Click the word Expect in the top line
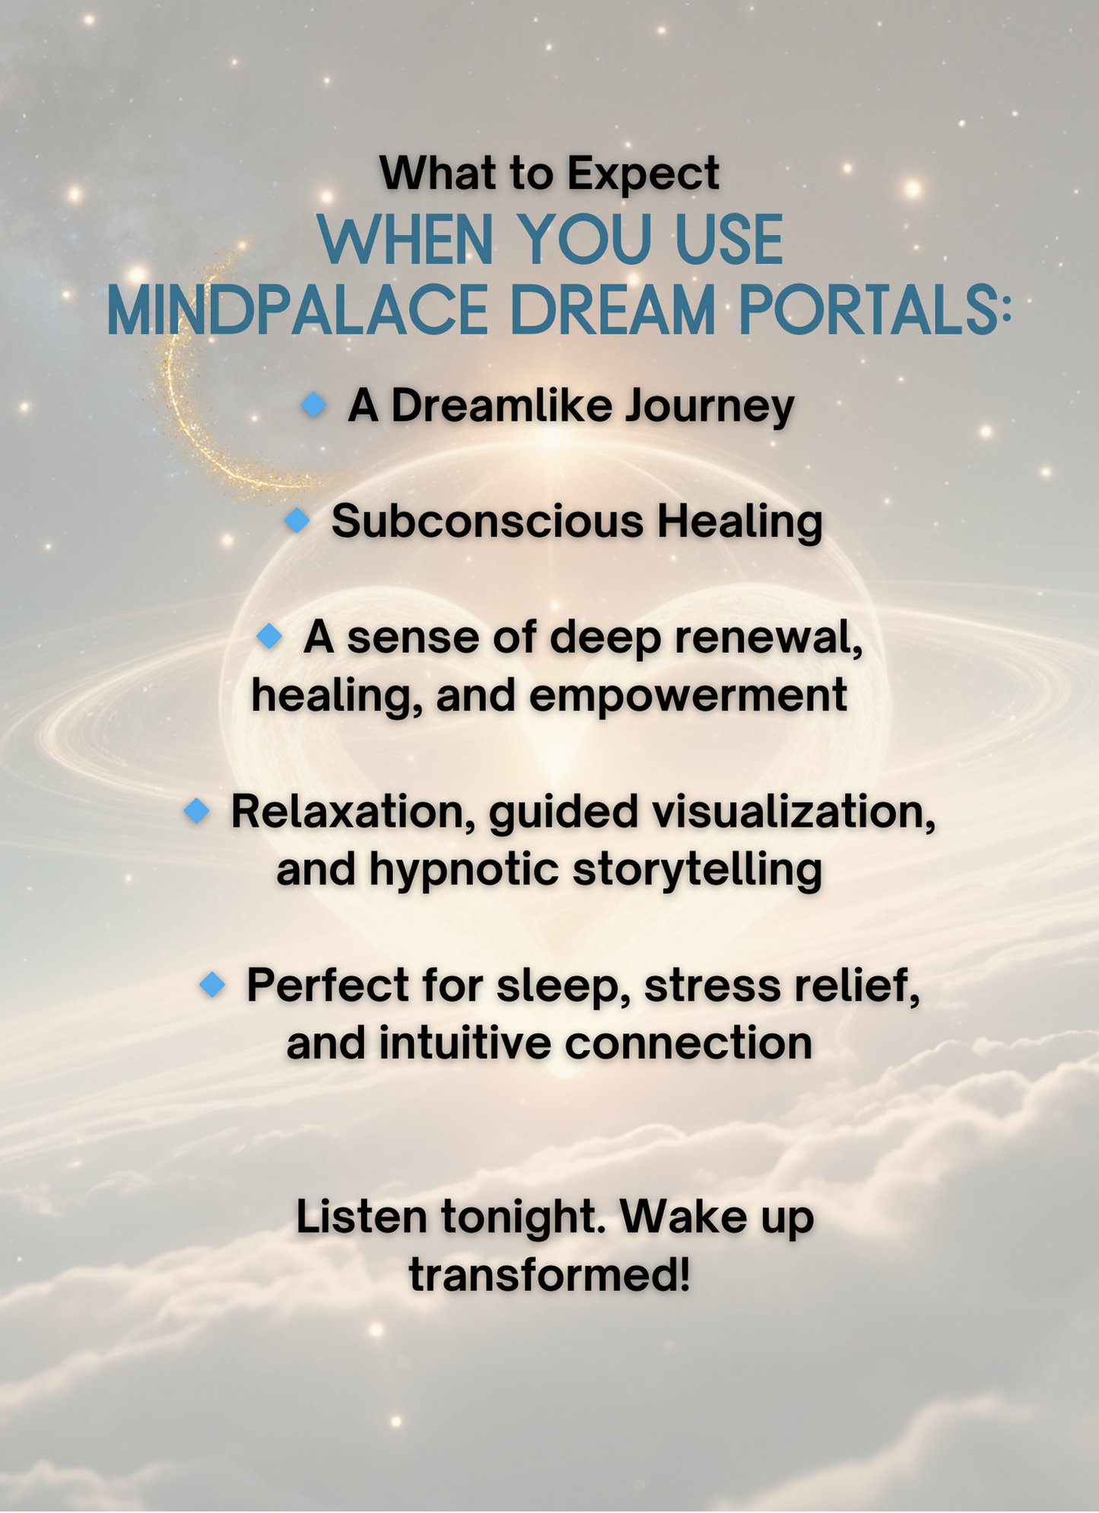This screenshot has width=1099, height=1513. (x=643, y=174)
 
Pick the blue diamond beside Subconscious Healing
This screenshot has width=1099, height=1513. (x=297, y=521)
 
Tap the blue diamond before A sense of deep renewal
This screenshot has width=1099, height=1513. (x=269, y=635)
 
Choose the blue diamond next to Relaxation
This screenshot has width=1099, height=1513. (x=196, y=811)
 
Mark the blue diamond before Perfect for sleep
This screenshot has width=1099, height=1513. (x=212, y=984)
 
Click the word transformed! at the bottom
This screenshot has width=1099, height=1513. (x=550, y=1274)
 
